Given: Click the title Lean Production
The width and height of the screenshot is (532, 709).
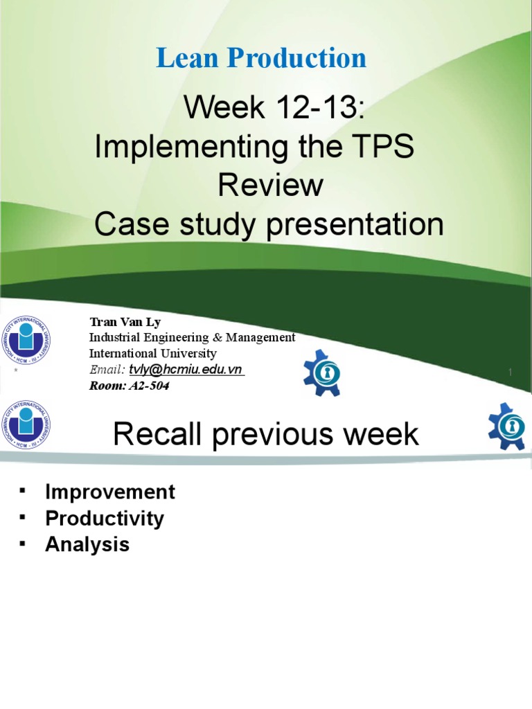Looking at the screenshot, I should tap(261, 59).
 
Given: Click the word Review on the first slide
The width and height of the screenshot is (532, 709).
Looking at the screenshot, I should tap(270, 186).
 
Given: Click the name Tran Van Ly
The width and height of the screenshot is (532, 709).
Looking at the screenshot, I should tap(125, 323).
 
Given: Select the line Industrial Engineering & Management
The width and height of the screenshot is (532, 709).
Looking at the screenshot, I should tap(192, 337).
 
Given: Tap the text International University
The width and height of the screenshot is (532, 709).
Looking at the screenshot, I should tap(153, 353).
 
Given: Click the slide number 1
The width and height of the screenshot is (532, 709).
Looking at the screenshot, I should tap(511, 373).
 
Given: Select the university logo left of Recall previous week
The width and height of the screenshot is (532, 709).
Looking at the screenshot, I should tap(26, 424).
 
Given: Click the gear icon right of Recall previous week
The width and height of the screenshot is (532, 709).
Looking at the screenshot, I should tap(508, 425).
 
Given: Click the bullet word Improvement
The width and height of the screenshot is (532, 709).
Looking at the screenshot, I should tap(110, 492).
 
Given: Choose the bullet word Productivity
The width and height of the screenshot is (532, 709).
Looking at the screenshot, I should tap(105, 519).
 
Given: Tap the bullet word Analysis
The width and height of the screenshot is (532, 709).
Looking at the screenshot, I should tap(87, 544).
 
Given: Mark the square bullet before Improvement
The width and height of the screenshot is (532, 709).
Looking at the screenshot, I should tap(23, 490).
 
